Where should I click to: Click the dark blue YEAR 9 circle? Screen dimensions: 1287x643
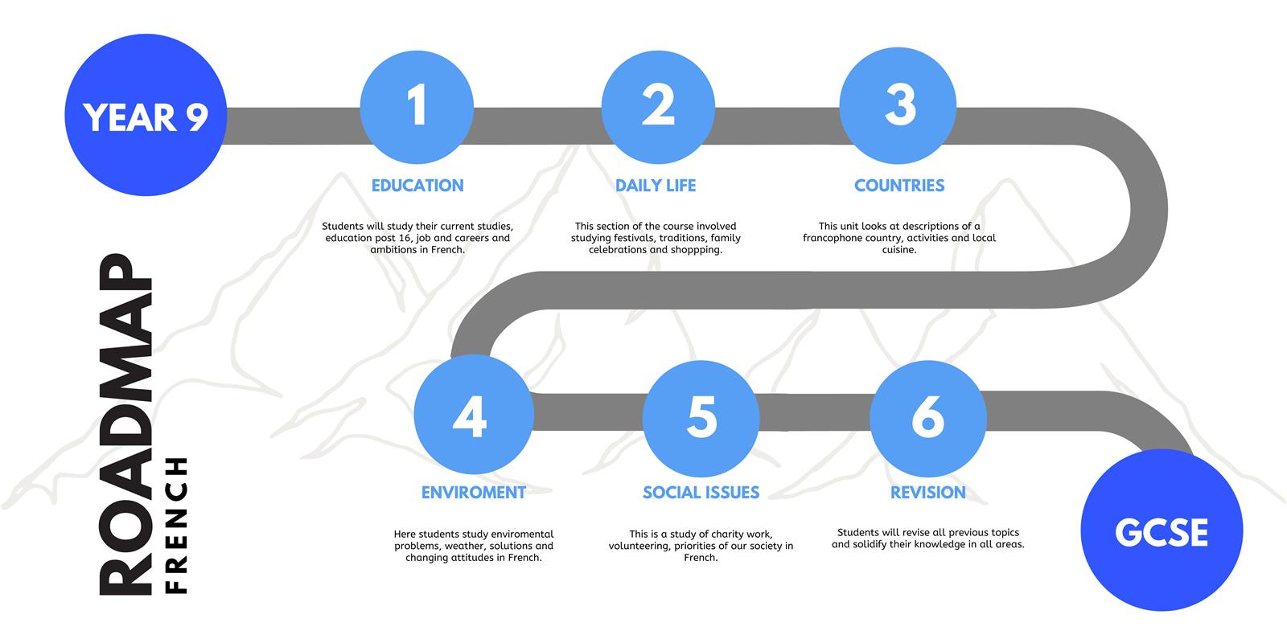pos(146,115)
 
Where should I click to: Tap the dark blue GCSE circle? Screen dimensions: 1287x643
pos(1162,530)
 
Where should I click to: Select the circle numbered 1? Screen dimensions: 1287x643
pos(417,107)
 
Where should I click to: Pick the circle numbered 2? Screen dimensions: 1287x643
pos(659,107)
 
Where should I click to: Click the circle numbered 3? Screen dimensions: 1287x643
pos(898,105)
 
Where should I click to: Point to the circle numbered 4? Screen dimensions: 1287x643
pos(474,415)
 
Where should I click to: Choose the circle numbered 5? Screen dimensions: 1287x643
pos(701,419)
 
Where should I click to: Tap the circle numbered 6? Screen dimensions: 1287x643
pos(928,419)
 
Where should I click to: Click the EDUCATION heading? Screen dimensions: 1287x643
pos(417,186)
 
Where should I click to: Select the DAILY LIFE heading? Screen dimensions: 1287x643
pos(656,186)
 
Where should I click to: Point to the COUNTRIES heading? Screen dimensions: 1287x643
pos(899,186)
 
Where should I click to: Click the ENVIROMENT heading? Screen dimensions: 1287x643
pos(474,493)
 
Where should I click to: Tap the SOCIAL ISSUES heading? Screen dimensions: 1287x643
pos(701,493)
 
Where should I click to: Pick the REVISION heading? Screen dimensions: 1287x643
pos(928,493)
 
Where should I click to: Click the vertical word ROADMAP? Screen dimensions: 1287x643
pos(125,425)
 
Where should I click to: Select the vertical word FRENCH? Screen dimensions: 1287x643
pos(176,526)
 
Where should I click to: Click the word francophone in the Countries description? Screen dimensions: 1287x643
pos(832,238)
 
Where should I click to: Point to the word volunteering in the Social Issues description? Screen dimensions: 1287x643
pos(639,547)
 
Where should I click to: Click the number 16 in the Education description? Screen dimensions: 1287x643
pos(405,238)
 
